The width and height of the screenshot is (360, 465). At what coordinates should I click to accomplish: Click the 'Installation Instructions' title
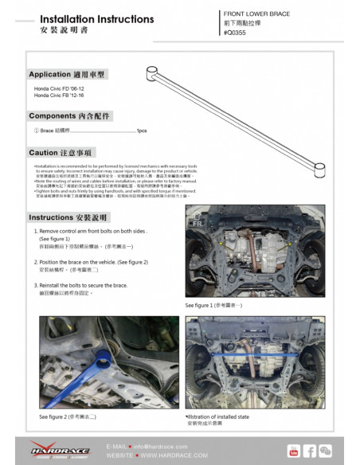(96, 18)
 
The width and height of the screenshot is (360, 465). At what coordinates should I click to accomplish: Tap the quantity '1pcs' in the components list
(141, 131)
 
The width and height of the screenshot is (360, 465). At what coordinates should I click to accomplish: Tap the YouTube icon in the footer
(294, 451)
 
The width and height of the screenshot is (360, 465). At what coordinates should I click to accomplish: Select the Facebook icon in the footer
(310, 451)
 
